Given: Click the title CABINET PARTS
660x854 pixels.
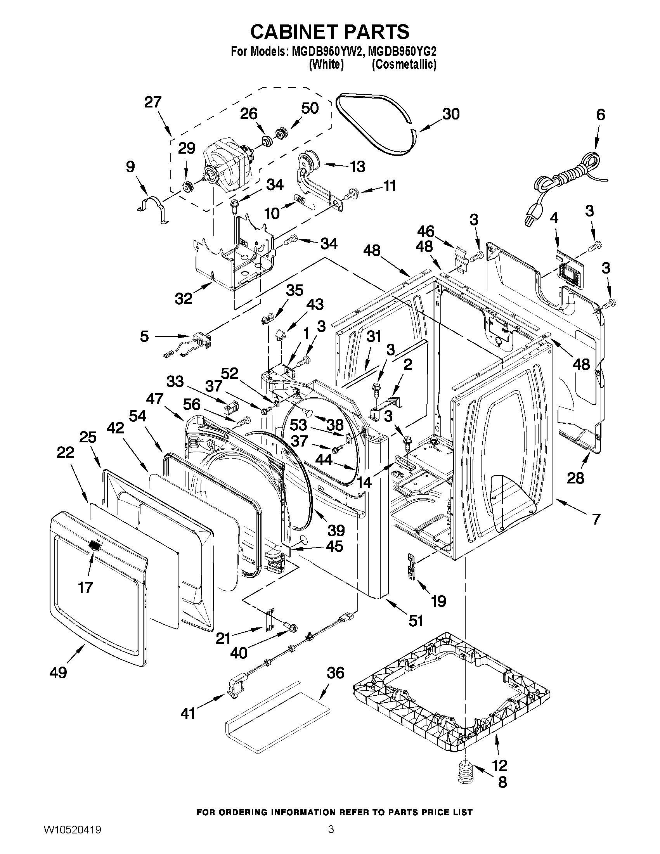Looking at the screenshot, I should [329, 32].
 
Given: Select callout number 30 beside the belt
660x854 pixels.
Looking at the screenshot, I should [450, 114].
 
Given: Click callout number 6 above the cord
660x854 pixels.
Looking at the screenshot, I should [600, 115].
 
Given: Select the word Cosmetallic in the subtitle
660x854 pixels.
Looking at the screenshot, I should [404, 64].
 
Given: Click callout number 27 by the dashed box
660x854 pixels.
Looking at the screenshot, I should [152, 102].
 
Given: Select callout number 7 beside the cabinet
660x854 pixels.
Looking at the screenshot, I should [596, 519].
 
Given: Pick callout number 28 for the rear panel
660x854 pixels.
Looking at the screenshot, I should [575, 478].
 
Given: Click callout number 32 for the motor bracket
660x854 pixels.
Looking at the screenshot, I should [184, 299].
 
